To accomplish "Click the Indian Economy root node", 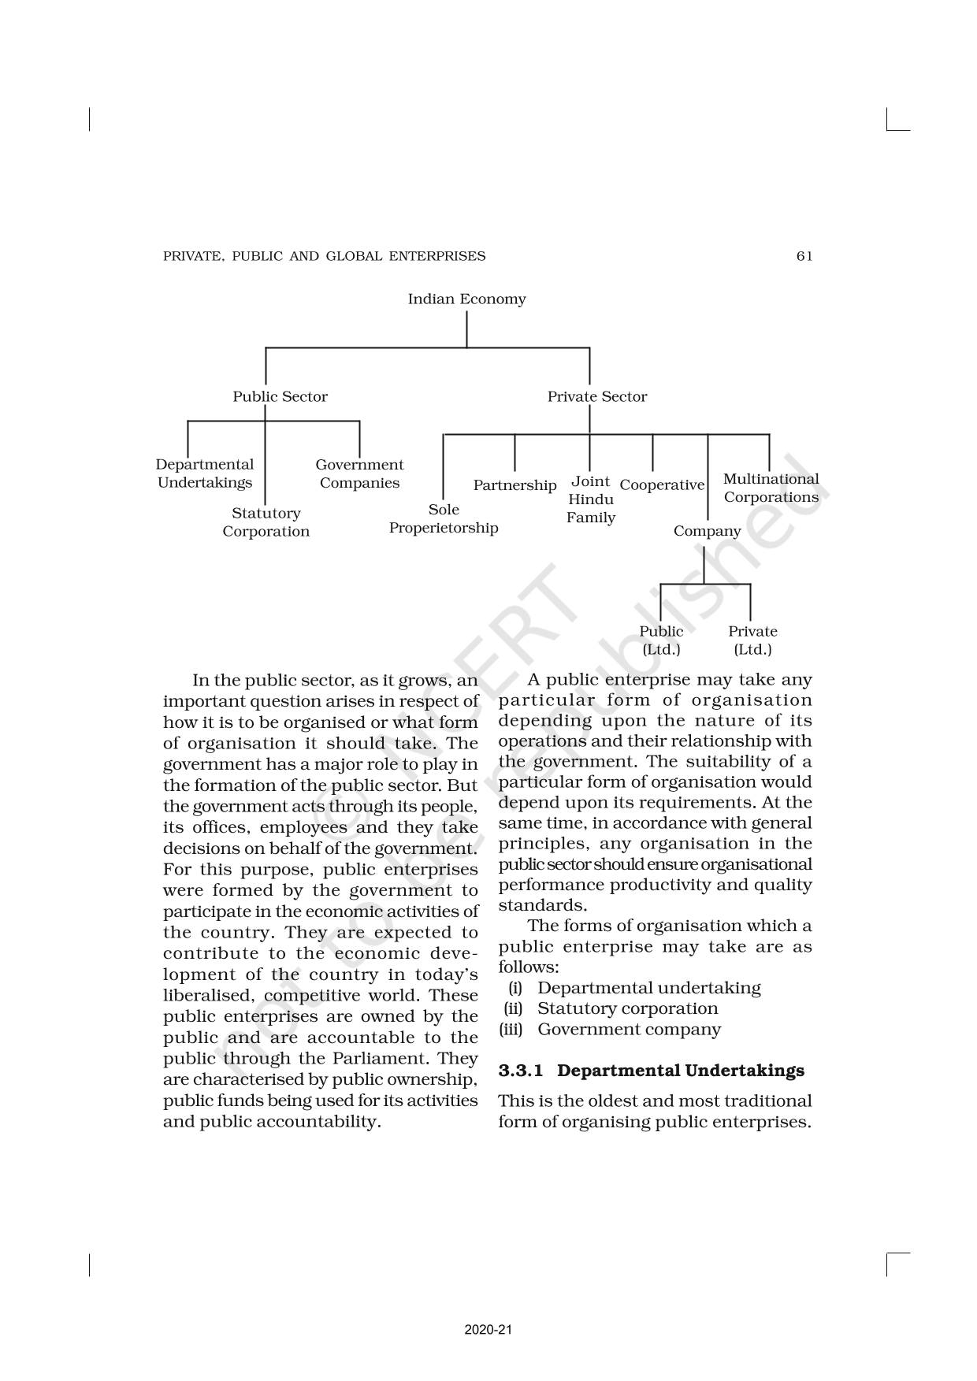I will pos(466,299).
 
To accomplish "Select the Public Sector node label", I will pos(280,397).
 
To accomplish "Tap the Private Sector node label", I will pos(596,397).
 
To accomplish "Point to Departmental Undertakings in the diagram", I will pos(205,474).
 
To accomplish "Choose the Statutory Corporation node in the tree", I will pos(266,522).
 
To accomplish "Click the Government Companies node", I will pos(359,474).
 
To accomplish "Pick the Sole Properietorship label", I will pos(444,519).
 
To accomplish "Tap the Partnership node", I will pos(515,485).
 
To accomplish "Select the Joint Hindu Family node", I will pos(590,499).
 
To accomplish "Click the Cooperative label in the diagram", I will pos(662,485).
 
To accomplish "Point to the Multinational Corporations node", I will pos(771,488).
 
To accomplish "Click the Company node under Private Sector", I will pos(707,532).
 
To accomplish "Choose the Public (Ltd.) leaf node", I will pos(661,640).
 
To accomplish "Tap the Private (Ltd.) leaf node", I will pos(752,640).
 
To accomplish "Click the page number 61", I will pos(804,256).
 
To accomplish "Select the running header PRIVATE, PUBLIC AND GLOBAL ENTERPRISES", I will pos(324,256).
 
